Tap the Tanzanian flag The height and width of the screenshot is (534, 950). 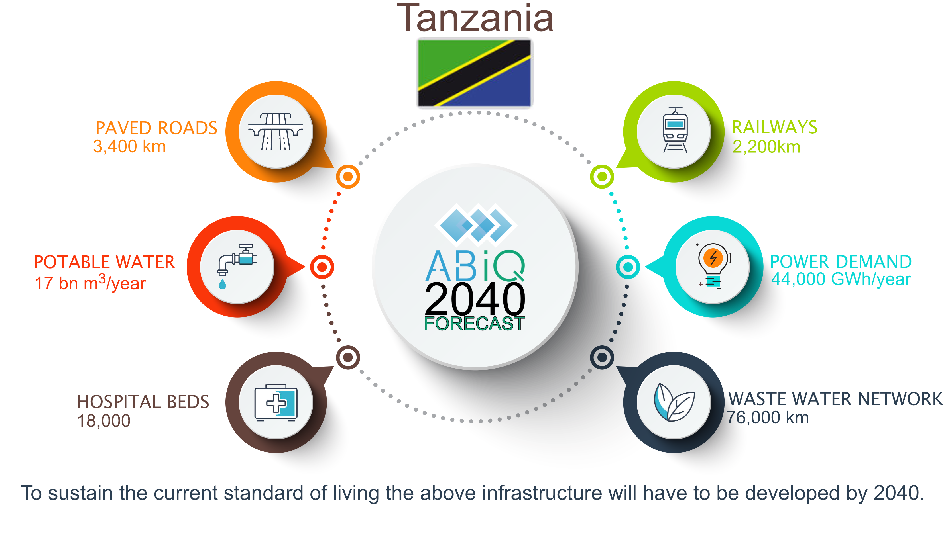click(x=475, y=73)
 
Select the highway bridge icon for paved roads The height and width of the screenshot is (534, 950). click(x=276, y=132)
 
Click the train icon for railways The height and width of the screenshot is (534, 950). click(x=675, y=130)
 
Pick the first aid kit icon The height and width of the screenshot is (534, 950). click(x=276, y=402)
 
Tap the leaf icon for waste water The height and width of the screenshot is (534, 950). click(x=674, y=402)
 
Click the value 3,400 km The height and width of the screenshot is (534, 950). click(x=129, y=146)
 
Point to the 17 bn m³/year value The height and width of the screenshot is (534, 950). click(x=90, y=282)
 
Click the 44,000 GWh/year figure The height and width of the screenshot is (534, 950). click(x=841, y=279)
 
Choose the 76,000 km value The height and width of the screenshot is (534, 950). click(x=768, y=418)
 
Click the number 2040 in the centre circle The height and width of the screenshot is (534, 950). click(x=475, y=298)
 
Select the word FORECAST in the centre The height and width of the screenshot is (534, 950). click(x=475, y=324)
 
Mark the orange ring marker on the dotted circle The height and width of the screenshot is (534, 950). click(x=348, y=177)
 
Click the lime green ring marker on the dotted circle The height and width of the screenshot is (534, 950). click(x=602, y=177)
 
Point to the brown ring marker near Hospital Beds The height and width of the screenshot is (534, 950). click(x=348, y=357)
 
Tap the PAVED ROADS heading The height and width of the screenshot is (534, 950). click(x=156, y=128)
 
